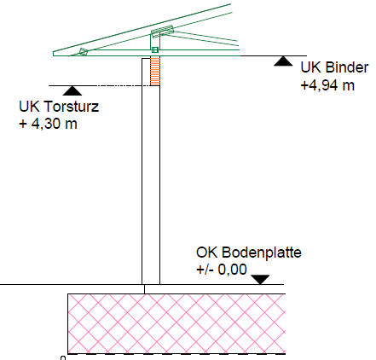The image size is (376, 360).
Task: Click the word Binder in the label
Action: pyautogui.click(x=347, y=67)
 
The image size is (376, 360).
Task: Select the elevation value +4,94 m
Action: pyautogui.click(x=327, y=85)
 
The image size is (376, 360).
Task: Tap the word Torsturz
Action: pyautogui.click(x=72, y=107)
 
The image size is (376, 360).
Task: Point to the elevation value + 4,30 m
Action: pyautogui.click(x=48, y=124)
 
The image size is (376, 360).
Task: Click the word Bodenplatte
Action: pyautogui.click(x=262, y=253)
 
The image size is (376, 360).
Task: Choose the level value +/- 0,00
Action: pyautogui.click(x=222, y=270)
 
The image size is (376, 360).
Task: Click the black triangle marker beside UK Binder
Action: pyautogui.click(x=283, y=61)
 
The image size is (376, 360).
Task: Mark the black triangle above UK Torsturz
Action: pyautogui.click(x=72, y=90)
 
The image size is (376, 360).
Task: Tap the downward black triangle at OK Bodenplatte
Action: pyautogui.click(x=260, y=279)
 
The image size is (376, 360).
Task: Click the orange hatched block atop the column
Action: pyautogui.click(x=155, y=71)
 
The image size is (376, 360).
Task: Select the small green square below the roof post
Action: pyautogui.click(x=155, y=50)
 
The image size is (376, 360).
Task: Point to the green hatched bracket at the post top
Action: pyautogui.click(x=162, y=32)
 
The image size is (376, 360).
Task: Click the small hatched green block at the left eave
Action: pyautogui.click(x=84, y=52)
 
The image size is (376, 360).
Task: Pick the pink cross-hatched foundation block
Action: pyautogui.click(x=176, y=324)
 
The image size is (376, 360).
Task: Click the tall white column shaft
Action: pyautogui.click(x=151, y=185)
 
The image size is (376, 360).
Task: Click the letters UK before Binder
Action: pyautogui.click(x=311, y=67)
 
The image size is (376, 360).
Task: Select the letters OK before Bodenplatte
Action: pyautogui.click(x=207, y=253)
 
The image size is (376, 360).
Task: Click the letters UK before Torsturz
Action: pyautogui.click(x=30, y=107)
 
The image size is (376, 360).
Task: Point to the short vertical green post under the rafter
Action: pyautogui.click(x=155, y=42)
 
